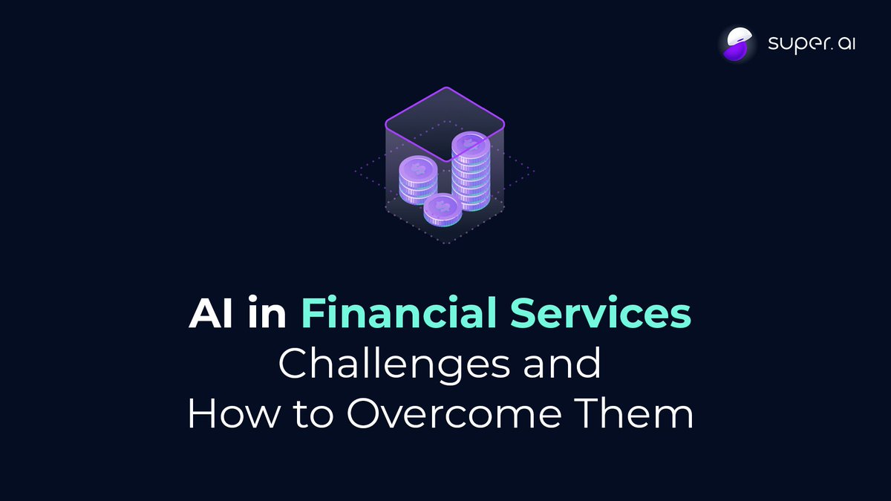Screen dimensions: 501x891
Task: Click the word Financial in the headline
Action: coord(397,315)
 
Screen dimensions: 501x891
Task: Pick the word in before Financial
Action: coord(265,315)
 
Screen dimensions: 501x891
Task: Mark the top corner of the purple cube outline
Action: coord(444,88)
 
